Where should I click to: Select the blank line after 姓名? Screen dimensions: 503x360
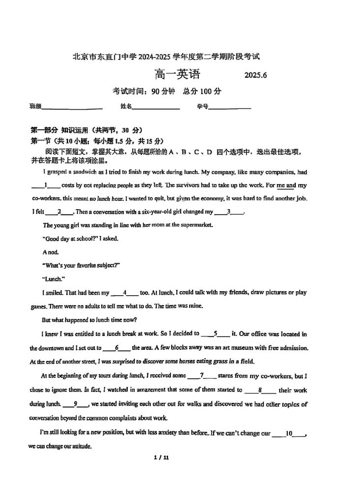[x=156, y=107]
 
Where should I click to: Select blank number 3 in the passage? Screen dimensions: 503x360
[x=229, y=212]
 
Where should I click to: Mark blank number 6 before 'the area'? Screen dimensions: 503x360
[x=117, y=347]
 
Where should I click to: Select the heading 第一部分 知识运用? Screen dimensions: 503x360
[x=86, y=130]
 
